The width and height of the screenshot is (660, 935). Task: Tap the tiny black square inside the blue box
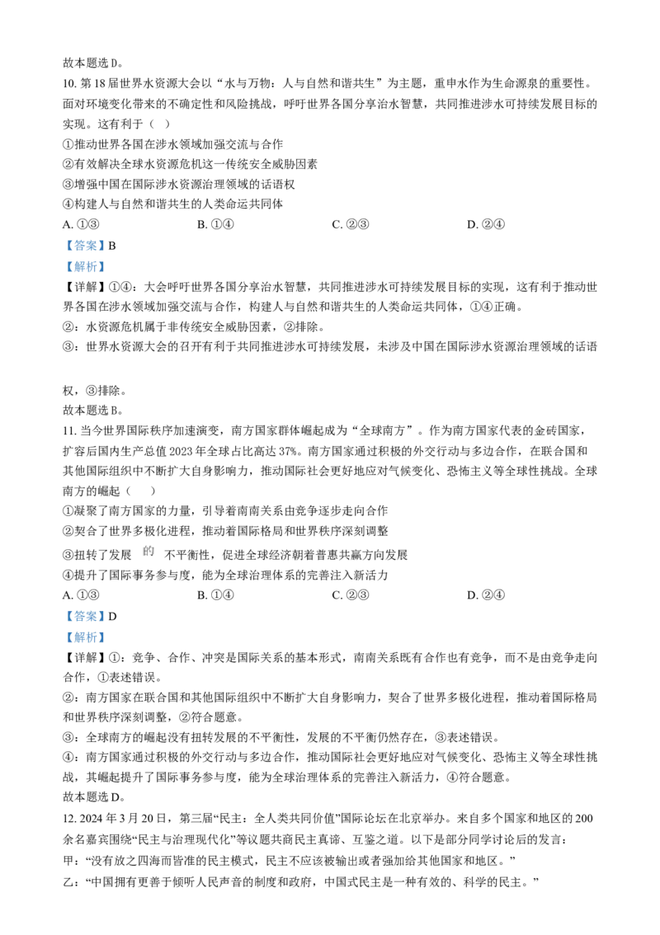(96, 254)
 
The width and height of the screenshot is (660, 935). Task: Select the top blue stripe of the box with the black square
(86, 245)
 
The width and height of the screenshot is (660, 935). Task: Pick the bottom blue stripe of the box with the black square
(86, 268)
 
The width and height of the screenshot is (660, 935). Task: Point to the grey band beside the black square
(81, 256)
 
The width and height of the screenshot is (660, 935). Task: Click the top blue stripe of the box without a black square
(86, 615)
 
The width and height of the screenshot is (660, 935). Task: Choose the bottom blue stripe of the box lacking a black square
(86, 638)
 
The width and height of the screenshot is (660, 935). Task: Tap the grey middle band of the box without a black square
(86, 627)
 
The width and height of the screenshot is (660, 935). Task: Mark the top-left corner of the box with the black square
(67, 239)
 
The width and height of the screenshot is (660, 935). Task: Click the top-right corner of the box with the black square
(104, 239)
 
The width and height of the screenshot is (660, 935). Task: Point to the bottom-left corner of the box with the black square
(67, 275)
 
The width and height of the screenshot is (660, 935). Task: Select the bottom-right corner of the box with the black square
(104, 275)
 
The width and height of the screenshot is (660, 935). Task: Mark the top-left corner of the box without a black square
(67, 608)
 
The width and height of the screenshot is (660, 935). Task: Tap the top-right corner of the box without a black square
(104, 608)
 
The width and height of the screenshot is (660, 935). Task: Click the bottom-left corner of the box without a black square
(67, 645)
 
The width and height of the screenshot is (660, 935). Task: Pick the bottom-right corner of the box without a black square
(104, 645)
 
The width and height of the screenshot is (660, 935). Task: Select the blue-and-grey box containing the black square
(86, 257)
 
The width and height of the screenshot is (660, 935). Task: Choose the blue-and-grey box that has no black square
(86, 627)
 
